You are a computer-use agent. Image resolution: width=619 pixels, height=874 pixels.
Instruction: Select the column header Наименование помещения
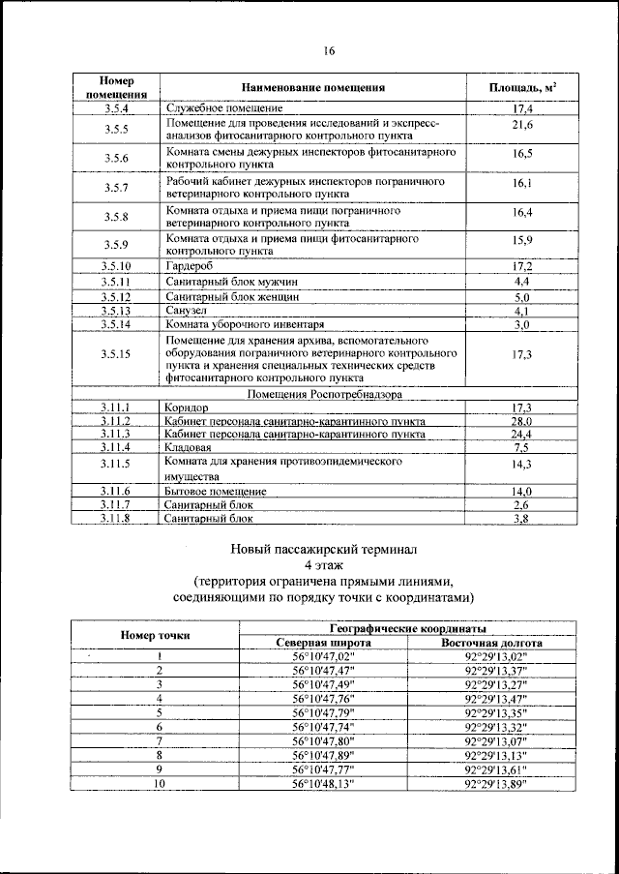[313, 87]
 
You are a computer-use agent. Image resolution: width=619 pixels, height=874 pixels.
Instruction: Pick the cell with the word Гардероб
[190, 264]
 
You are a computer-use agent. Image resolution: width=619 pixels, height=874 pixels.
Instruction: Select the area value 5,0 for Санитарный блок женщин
[522, 296]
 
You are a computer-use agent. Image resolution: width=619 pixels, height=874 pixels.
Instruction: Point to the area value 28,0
[522, 422]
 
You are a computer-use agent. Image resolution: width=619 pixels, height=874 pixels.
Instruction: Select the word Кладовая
[190, 449]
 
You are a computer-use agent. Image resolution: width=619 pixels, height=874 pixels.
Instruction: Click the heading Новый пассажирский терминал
[323, 548]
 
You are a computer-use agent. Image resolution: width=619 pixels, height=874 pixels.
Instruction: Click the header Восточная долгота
[491, 642]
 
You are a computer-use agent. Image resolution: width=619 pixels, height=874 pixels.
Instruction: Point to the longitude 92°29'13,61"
[495, 769]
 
